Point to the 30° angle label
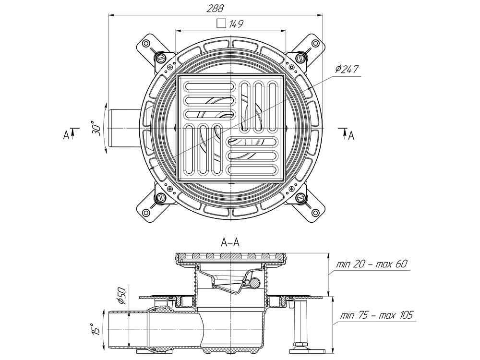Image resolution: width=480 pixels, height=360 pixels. coord(96,129)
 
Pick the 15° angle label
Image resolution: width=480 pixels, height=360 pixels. coord(96,330)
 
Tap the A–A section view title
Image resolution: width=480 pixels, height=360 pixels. coord(230,243)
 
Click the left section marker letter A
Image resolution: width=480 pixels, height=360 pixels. coord(66,135)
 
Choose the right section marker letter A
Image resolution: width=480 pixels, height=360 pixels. coord(351,136)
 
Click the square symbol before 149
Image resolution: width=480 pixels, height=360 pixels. coord(221,23)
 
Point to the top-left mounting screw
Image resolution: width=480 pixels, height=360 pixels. coord(161,58)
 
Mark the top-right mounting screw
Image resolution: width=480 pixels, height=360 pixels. coord(301,58)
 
